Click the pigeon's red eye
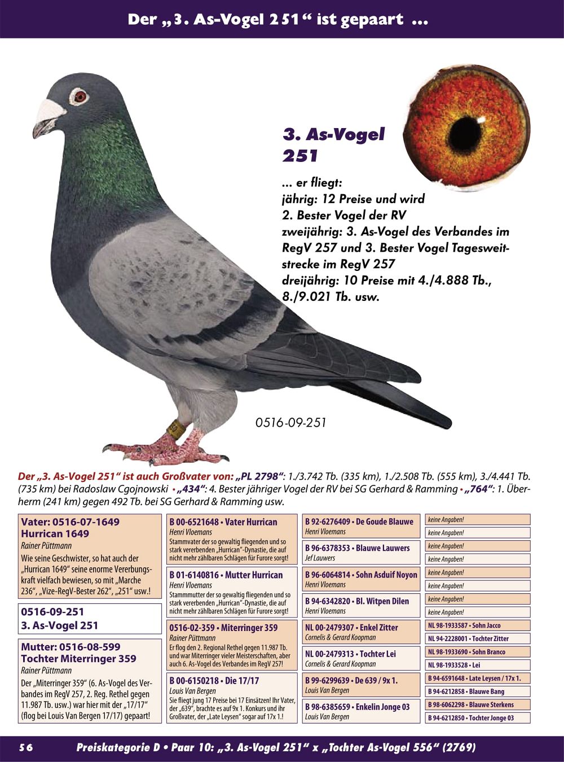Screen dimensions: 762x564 (x=80, y=95)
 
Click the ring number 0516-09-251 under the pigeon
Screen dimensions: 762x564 (x=290, y=422)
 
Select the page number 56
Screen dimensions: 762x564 (x=26, y=747)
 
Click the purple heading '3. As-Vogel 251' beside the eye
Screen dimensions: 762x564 (x=333, y=144)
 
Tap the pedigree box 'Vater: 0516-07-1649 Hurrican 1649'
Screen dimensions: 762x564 (x=90, y=555)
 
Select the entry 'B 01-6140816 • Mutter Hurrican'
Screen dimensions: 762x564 (x=232, y=592)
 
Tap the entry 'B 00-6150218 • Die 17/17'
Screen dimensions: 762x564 (x=232, y=698)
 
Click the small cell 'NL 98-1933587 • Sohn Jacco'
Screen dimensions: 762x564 (x=477, y=625)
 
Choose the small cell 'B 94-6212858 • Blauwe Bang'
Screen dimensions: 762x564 (x=477, y=691)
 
